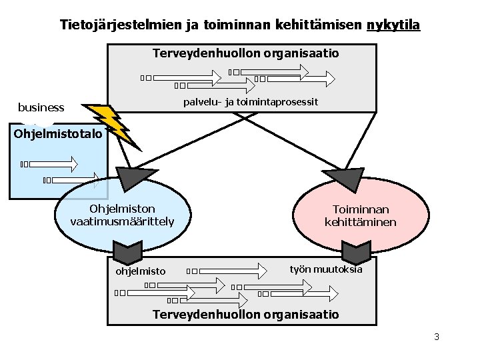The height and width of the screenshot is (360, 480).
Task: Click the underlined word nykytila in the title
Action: [393, 25]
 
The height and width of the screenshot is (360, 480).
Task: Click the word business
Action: [41, 107]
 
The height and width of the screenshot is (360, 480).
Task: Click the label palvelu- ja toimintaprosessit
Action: [251, 102]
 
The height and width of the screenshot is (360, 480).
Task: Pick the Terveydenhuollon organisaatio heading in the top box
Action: [246, 53]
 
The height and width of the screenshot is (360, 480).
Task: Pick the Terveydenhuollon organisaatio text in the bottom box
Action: [246, 314]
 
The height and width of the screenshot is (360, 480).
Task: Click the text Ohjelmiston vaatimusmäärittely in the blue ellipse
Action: [123, 215]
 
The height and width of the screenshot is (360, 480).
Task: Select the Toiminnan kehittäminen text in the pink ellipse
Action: [361, 215]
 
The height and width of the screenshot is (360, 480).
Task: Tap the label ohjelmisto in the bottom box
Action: [141, 271]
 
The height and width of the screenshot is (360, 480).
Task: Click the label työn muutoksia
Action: [326, 269]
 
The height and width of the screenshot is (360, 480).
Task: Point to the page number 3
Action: [437, 337]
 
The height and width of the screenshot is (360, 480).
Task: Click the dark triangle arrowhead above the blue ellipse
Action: [133, 178]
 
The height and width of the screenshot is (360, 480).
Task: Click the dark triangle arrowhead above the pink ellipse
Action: [348, 179]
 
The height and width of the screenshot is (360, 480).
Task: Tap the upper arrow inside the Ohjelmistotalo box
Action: [53, 163]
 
